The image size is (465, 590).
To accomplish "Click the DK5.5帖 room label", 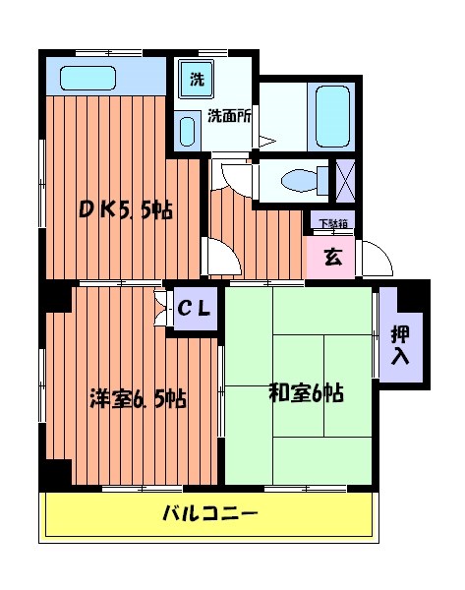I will coord(126,208).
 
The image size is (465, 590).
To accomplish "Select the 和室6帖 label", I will coord(306,393).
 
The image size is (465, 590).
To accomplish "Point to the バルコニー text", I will coord(209,514).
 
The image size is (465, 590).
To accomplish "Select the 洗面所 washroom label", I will coord(228,115).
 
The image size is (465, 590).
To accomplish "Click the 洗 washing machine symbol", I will coord(197,80).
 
